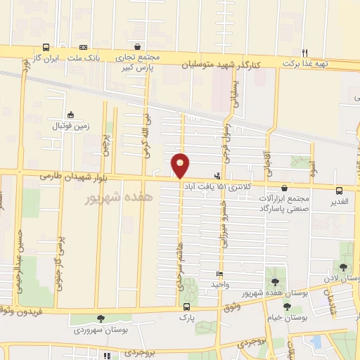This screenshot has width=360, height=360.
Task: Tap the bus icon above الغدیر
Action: (340, 190)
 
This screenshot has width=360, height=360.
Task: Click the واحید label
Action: (220, 285)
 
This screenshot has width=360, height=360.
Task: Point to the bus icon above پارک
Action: (186, 307)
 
